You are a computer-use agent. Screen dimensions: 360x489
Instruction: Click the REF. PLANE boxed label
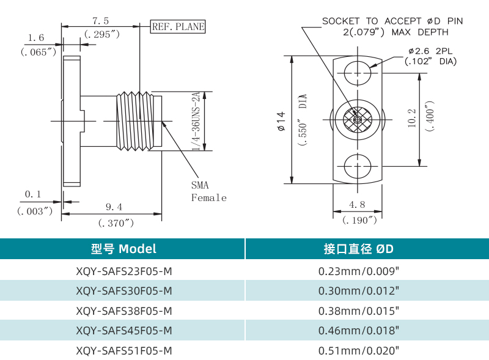tap(178, 26)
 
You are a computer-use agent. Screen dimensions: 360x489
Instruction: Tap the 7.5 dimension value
tap(101, 21)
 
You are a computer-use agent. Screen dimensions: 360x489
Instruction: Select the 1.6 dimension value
tap(37, 38)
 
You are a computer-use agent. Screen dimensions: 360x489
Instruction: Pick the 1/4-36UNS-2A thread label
tap(196, 121)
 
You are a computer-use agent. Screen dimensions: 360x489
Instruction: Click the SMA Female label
tap(208, 191)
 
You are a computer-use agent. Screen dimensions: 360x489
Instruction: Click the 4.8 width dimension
tap(358, 204)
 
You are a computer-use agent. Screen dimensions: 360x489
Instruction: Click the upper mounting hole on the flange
tap(358, 74)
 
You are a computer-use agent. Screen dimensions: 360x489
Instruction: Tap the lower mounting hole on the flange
tap(358, 166)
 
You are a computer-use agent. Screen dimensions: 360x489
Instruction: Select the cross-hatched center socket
tap(358, 120)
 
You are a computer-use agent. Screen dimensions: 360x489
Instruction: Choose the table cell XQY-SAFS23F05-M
tap(123, 270)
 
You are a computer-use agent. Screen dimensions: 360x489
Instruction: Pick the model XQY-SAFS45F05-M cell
tap(123, 331)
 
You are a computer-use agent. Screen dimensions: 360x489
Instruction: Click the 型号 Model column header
tap(123, 249)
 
